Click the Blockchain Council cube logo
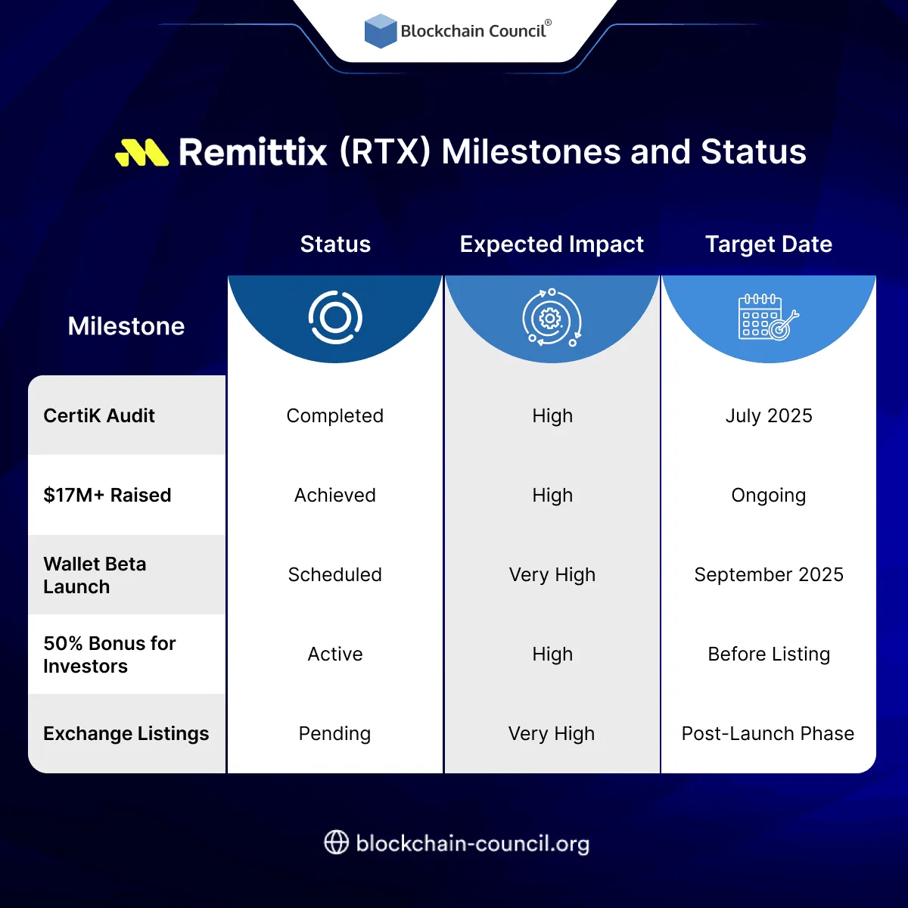381,31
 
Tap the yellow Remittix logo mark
141,152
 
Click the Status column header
335,244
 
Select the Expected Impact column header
552,244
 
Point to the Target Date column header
769,244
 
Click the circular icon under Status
335,317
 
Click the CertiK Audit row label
99,415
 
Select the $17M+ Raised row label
107,495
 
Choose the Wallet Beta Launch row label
95,575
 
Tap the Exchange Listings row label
126,733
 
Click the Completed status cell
335,415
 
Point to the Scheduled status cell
335,574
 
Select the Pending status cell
335,733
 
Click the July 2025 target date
769,415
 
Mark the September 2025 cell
769,574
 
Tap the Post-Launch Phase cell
768,733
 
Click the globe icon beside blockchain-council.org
336,842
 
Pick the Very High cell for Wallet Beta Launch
552,574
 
